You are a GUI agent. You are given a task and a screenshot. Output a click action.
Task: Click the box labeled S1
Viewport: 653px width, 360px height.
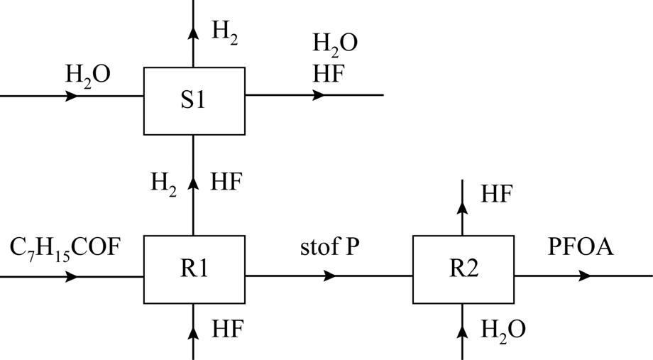pos(194,101)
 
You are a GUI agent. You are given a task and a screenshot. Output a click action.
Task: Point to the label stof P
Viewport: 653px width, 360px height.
pos(329,249)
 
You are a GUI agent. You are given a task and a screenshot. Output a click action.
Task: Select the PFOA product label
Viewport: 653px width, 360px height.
pos(581,248)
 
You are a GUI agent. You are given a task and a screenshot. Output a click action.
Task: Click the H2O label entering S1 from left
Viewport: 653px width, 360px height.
pos(88,74)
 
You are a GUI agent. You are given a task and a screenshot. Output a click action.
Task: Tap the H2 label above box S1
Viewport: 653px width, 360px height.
pos(225,32)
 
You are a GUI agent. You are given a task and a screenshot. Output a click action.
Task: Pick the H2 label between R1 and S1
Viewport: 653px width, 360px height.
pos(163,183)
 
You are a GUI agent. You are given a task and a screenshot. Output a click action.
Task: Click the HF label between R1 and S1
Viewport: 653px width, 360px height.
pos(227,182)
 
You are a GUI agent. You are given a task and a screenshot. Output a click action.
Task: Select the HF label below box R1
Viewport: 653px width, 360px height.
pos(227,329)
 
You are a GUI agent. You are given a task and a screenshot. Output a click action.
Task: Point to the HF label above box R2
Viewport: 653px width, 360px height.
pos(496,194)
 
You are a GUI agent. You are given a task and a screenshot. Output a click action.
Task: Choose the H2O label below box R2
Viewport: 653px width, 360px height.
pos(503,330)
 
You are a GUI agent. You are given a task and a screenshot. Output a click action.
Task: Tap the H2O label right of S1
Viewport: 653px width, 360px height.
pos(335,44)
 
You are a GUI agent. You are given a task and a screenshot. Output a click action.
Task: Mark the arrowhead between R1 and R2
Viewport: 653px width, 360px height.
pos(329,276)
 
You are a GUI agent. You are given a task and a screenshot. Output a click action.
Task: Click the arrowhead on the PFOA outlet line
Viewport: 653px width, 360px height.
pos(583,276)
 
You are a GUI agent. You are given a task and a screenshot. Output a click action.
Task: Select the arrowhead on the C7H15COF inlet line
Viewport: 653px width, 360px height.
pos(72,276)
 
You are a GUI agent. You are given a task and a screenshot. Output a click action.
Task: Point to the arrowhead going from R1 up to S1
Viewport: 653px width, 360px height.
pos(194,184)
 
